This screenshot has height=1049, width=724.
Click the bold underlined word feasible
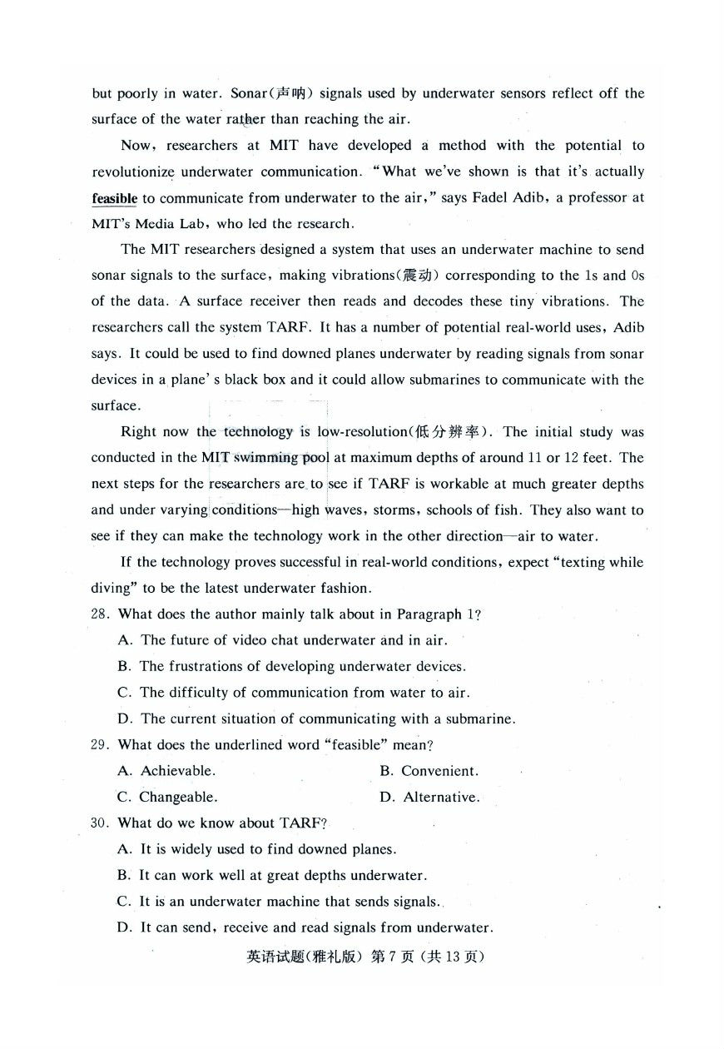click(115, 198)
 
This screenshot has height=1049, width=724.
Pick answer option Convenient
click(439, 771)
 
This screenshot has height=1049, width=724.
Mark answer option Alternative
click(441, 797)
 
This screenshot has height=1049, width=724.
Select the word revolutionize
click(133, 172)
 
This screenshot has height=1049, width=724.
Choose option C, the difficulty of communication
click(304, 693)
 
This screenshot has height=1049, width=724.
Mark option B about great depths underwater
click(282, 876)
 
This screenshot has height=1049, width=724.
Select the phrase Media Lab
click(162, 223)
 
